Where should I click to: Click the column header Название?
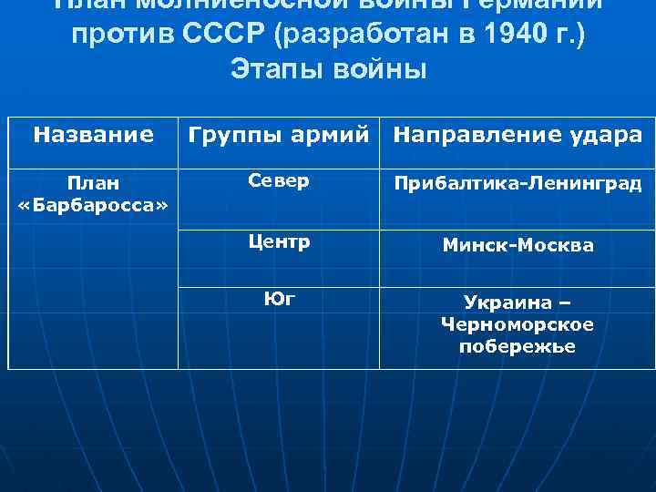pos(93,136)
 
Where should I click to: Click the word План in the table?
pos(93,183)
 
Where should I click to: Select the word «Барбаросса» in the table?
pos(93,205)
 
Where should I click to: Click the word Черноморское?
pos(518,324)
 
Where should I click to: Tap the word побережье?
pos(518,346)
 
